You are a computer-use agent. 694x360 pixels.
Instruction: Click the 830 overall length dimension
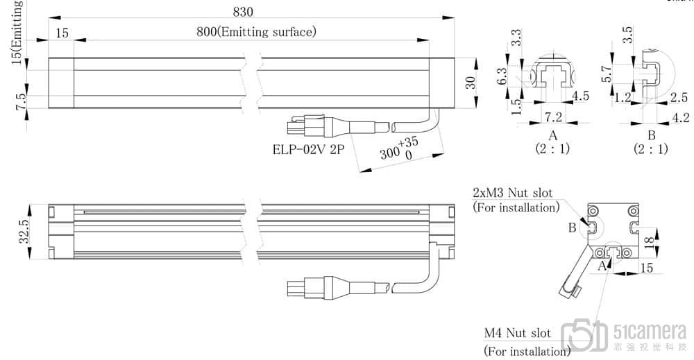click(243, 12)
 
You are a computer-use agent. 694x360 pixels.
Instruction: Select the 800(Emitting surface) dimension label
click(256, 31)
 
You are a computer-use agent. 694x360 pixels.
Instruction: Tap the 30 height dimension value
click(471, 83)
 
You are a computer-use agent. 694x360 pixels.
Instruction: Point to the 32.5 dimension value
click(23, 232)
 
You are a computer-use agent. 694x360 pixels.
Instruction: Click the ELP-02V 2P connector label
click(309, 148)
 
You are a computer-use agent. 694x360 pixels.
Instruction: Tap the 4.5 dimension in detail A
click(580, 96)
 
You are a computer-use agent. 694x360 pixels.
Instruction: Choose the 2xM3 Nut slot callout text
click(512, 192)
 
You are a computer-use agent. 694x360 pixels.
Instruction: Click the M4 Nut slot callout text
click(517, 334)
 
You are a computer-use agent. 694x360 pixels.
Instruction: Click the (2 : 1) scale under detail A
click(552, 148)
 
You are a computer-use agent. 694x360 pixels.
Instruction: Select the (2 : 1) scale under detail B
click(651, 148)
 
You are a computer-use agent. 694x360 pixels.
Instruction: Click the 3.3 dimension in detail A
click(516, 39)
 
